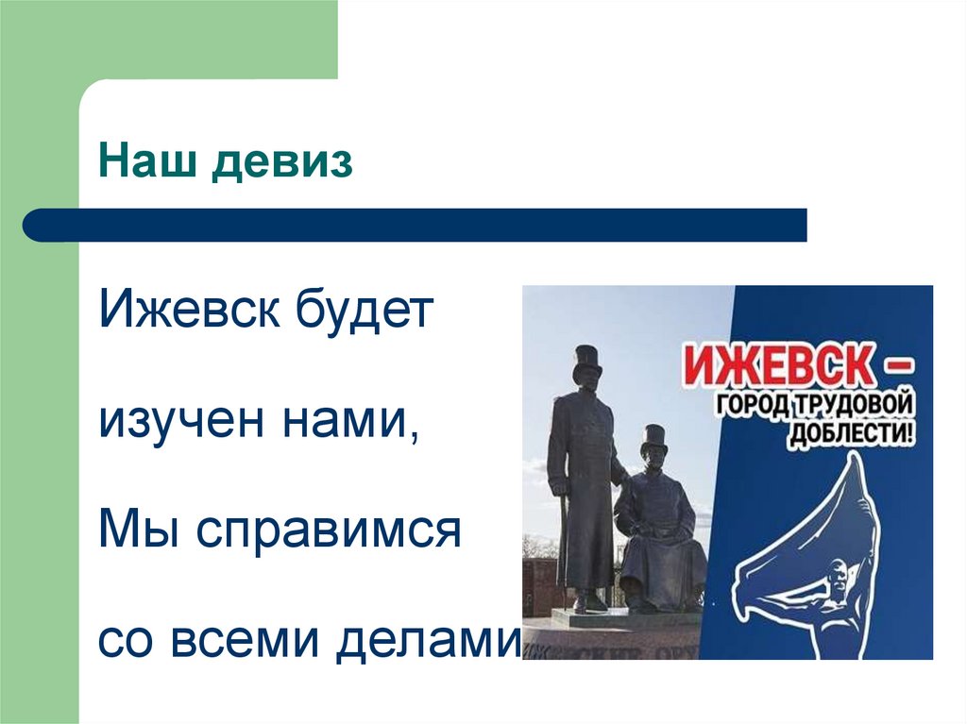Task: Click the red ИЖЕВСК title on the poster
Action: click(772, 366)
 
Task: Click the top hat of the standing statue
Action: click(587, 361)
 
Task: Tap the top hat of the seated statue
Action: click(653, 440)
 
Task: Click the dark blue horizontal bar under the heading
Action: click(416, 226)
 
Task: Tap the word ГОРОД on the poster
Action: click(752, 407)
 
